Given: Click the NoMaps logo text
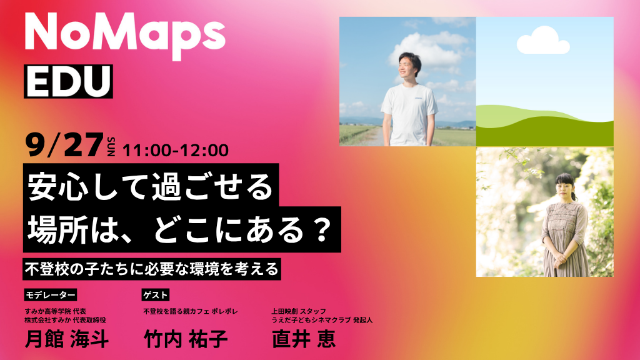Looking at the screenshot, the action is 125,36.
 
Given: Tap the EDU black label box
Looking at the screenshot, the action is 68,81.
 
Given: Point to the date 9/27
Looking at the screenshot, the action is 64,145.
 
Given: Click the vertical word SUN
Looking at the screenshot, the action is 111,146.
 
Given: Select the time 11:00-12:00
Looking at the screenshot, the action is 176,150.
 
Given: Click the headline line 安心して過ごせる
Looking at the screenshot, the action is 151,186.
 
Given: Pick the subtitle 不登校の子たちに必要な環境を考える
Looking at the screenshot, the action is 152,269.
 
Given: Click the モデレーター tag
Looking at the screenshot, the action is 51,295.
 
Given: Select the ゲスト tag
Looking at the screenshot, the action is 156,295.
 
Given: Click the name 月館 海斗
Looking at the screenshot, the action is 67,339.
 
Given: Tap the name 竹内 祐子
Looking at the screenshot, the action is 186,339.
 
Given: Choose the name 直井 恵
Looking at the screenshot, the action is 304,339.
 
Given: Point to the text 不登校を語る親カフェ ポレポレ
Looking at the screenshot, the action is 191,311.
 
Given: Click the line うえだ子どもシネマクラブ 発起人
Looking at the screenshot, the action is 322,320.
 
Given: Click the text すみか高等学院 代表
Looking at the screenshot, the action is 56,311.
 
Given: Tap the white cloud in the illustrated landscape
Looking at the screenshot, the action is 543,40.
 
